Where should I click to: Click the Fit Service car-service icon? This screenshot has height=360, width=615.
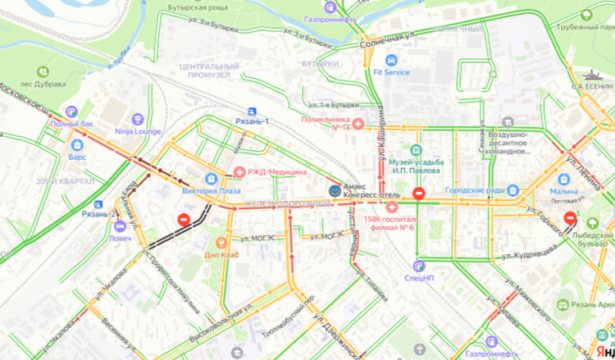click(x=391, y=60)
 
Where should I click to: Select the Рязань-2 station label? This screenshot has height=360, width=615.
click(x=98, y=214)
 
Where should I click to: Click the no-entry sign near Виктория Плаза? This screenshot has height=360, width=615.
click(x=184, y=220)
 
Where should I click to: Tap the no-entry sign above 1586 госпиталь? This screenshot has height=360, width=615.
click(x=418, y=194)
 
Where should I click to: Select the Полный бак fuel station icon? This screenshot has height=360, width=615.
click(x=71, y=112)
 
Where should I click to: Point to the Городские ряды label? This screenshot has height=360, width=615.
click(x=481, y=190)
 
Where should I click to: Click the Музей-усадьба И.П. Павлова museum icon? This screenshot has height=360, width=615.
click(x=417, y=150)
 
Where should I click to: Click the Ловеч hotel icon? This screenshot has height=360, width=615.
click(x=120, y=227)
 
